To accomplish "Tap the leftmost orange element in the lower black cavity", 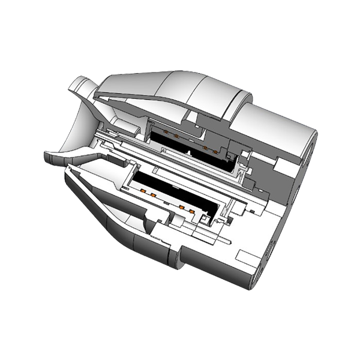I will pos(144,191).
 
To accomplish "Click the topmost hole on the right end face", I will pos(313,145).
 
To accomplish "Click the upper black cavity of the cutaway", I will pos(192,146).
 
